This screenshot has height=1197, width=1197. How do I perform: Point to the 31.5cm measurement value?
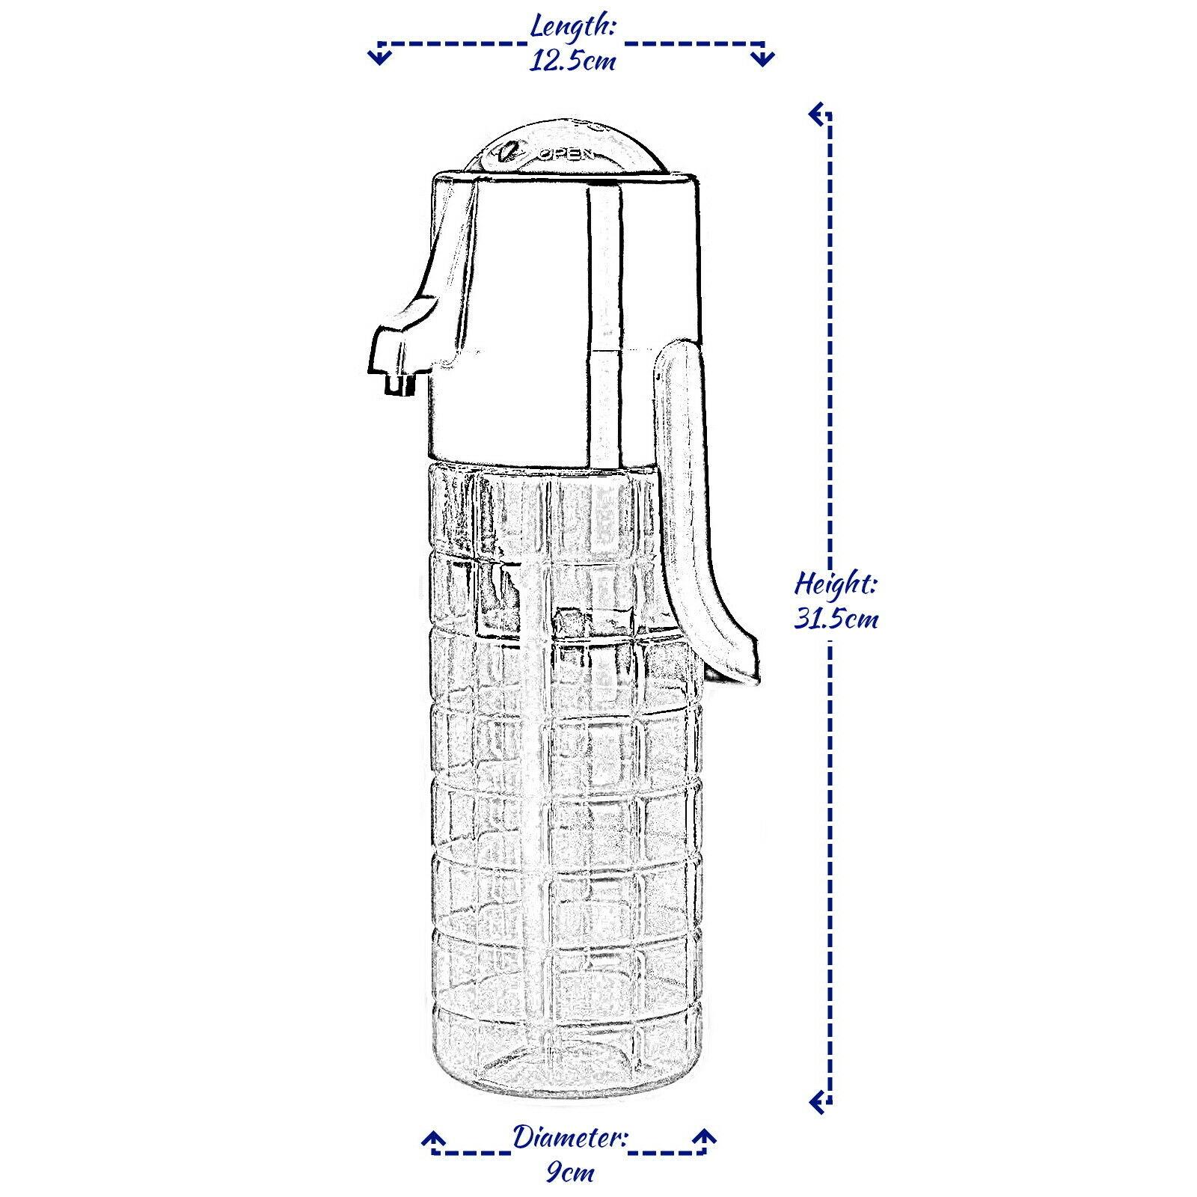tap(836, 619)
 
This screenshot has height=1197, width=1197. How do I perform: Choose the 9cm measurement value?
tap(570, 1172)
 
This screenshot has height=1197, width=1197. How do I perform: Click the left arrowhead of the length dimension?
tap(381, 56)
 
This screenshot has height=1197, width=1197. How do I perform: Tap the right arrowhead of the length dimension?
tap(763, 56)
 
